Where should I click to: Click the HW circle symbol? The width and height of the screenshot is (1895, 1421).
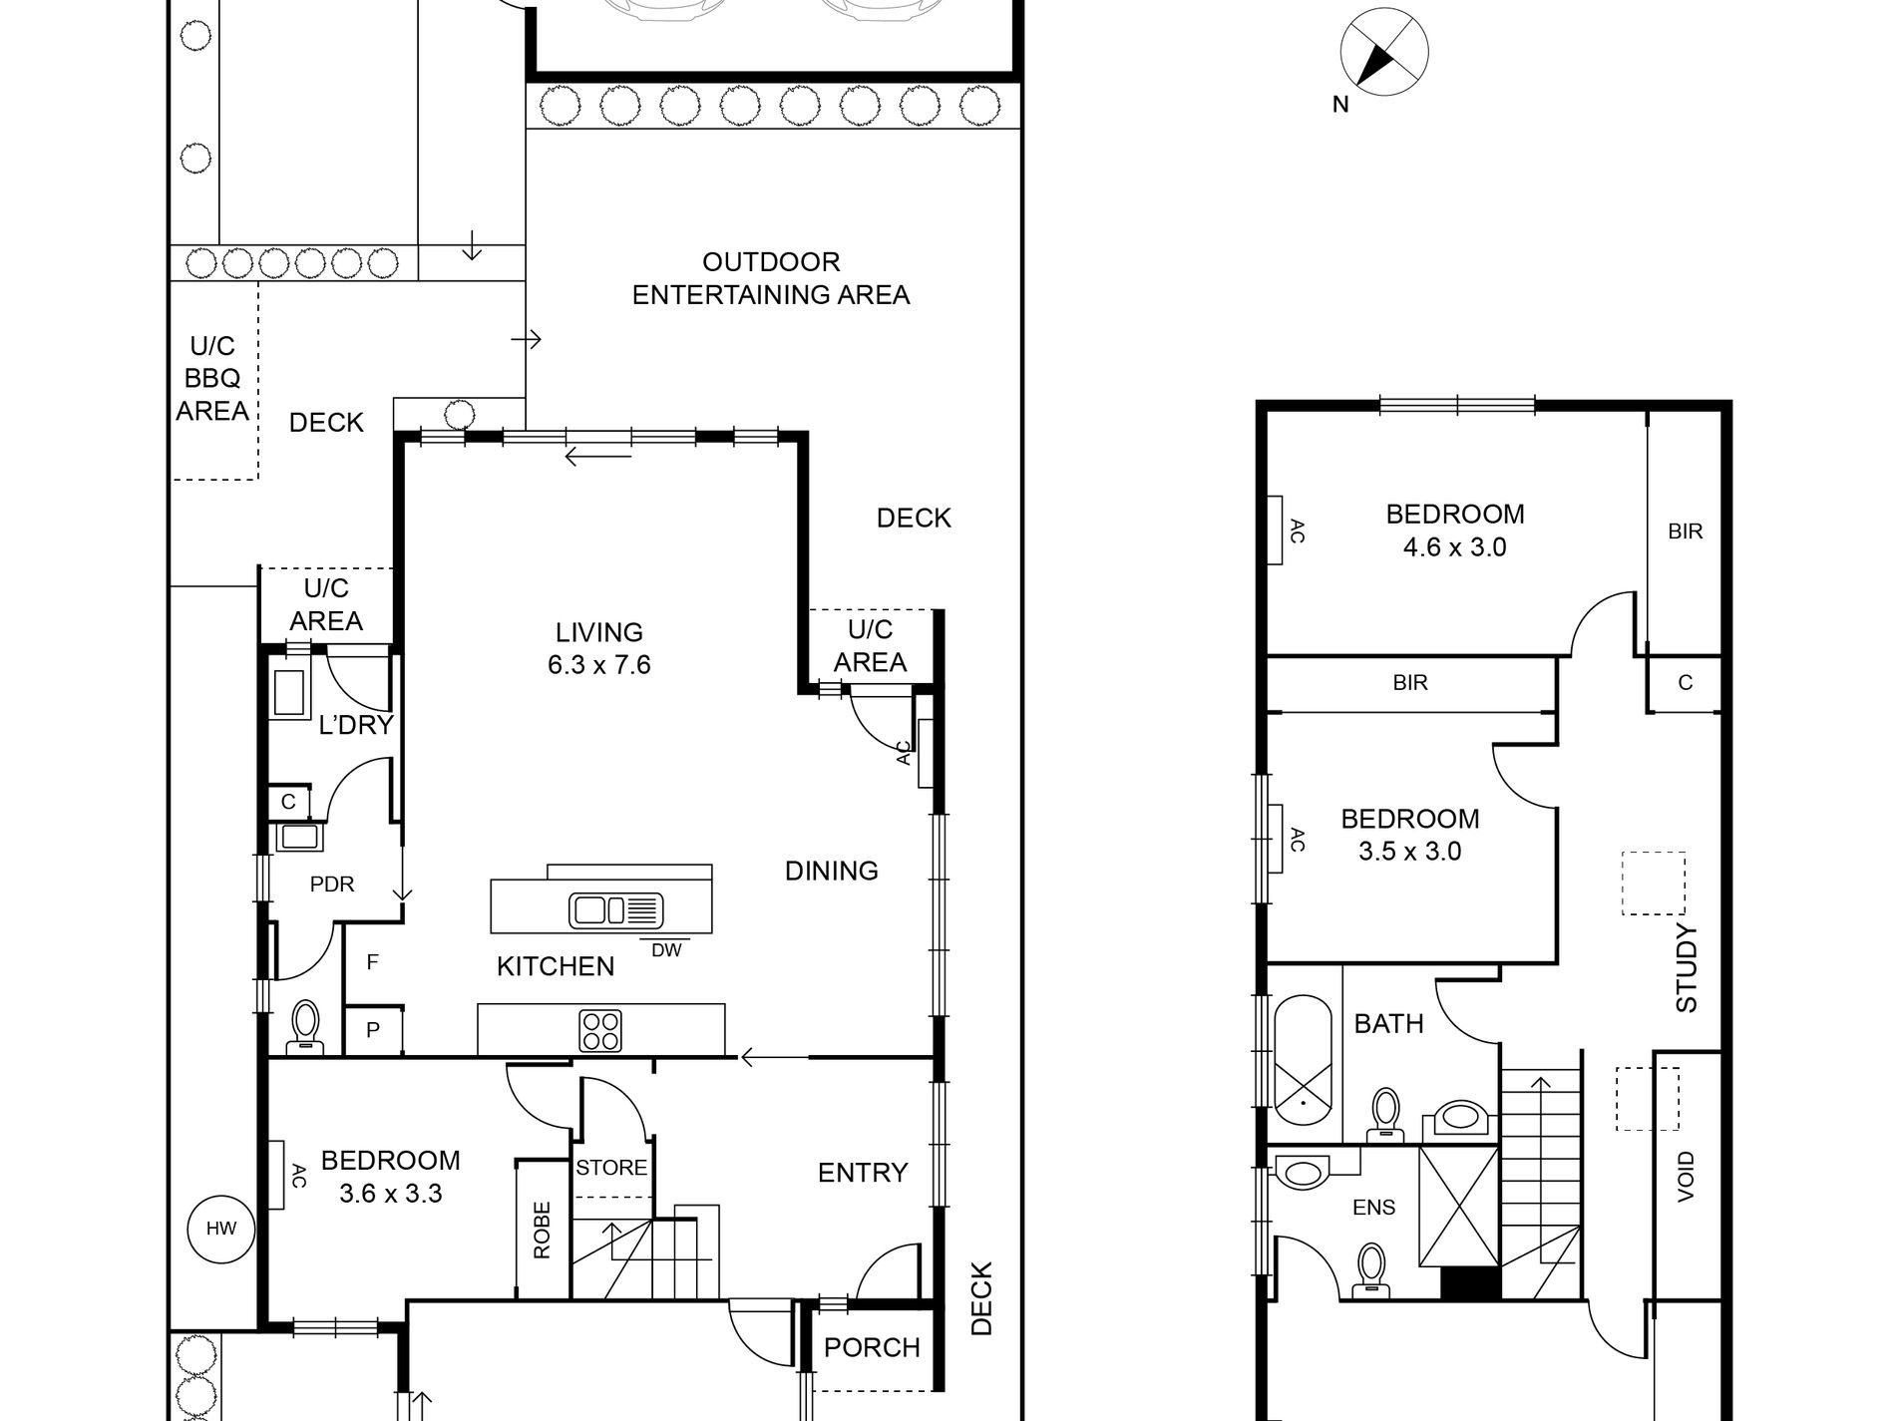(x=221, y=1229)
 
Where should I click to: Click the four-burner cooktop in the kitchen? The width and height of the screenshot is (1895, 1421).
(x=600, y=1030)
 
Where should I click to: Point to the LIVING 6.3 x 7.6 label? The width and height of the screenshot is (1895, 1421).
(x=598, y=648)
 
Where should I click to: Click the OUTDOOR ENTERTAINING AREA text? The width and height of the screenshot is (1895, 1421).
(x=771, y=278)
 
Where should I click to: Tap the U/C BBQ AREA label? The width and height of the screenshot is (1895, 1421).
(x=212, y=378)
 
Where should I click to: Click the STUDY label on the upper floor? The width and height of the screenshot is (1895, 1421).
(x=1686, y=967)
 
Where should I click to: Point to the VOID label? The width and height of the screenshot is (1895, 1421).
(x=1686, y=1176)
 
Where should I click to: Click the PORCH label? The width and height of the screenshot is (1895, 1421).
(x=872, y=1347)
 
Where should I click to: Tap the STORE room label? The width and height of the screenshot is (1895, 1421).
(x=611, y=1167)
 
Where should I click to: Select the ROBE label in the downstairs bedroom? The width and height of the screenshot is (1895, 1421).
(x=542, y=1230)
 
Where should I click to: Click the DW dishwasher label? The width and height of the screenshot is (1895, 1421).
(x=666, y=950)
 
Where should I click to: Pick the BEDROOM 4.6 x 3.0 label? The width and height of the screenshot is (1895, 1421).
(x=1454, y=530)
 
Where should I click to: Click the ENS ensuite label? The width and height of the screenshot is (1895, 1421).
(x=1373, y=1208)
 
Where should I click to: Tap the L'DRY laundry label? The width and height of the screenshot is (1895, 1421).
(x=356, y=725)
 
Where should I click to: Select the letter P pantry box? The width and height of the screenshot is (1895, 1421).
(x=373, y=1030)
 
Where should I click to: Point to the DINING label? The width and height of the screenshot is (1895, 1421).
(x=831, y=871)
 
